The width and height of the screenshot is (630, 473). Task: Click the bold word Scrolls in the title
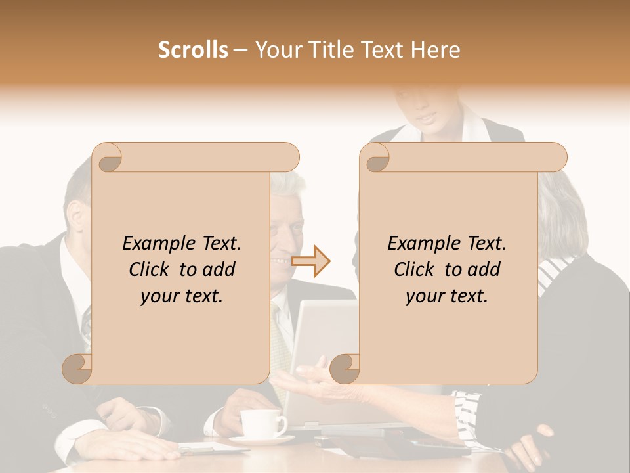coord(193,50)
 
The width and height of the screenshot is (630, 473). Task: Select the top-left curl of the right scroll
coord(376,158)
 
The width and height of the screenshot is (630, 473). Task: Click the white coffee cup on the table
coord(262,422)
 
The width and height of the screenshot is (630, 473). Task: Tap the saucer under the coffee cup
coord(262,439)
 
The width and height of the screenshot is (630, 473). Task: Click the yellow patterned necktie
coord(280,342)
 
